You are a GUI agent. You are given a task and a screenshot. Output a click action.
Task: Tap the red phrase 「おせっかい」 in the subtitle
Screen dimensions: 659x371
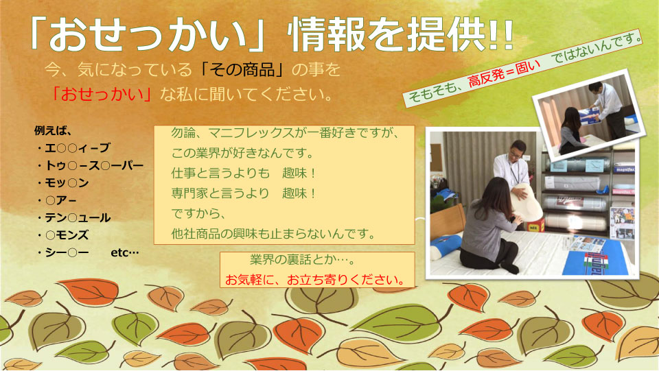point(102,94)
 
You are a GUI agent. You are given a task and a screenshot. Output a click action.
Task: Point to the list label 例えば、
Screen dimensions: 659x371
point(53,130)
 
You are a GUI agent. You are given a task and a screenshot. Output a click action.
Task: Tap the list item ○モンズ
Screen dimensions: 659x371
point(63,235)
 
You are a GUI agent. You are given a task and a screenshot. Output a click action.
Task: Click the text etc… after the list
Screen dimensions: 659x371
point(125,252)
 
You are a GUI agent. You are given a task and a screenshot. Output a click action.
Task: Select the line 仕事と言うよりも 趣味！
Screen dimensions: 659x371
point(244,173)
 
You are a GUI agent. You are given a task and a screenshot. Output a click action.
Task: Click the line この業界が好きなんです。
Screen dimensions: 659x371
point(243,153)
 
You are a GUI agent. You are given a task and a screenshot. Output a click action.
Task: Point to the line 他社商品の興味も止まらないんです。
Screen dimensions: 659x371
point(273,233)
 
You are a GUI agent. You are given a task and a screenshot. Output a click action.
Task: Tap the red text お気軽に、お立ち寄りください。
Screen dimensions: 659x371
point(315,280)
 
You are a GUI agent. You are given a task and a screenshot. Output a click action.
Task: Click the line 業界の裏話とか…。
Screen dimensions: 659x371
point(303,259)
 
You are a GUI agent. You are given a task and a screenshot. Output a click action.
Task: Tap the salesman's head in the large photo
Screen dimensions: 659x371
point(518,149)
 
